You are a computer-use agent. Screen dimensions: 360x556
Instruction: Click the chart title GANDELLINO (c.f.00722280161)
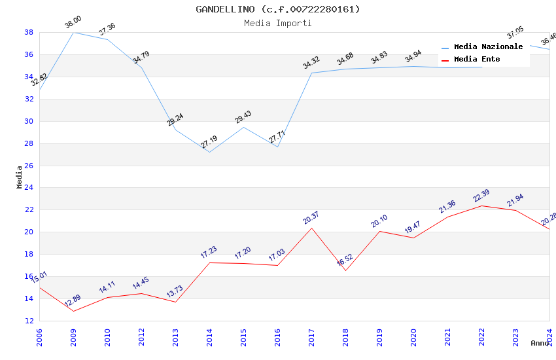pos(278,9)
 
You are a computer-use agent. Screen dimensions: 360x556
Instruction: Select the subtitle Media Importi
pos(278,23)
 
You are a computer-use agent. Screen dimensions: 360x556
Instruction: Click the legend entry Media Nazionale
pos(488,46)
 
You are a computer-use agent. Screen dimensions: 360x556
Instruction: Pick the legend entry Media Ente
pos(477,59)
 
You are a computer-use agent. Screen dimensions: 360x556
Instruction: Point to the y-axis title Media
pos(20,177)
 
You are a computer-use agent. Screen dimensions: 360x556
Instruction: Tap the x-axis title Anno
pos(540,343)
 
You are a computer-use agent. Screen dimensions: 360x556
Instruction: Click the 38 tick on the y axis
pos(29,32)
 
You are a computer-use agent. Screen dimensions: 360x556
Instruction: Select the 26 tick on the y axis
pos(29,166)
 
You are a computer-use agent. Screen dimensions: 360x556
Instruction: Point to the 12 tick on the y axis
pos(29,321)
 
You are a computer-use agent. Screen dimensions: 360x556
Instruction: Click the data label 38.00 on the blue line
pos(73,24)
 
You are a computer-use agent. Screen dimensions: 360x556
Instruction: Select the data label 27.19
pos(209,141)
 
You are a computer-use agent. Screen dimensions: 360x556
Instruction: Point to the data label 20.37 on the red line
pos(311,218)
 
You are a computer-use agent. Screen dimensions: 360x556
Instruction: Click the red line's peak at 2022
pos(481,206)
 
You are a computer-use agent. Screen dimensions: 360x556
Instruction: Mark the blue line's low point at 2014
pos(209,153)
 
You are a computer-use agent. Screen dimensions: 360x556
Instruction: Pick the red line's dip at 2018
pos(345,270)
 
